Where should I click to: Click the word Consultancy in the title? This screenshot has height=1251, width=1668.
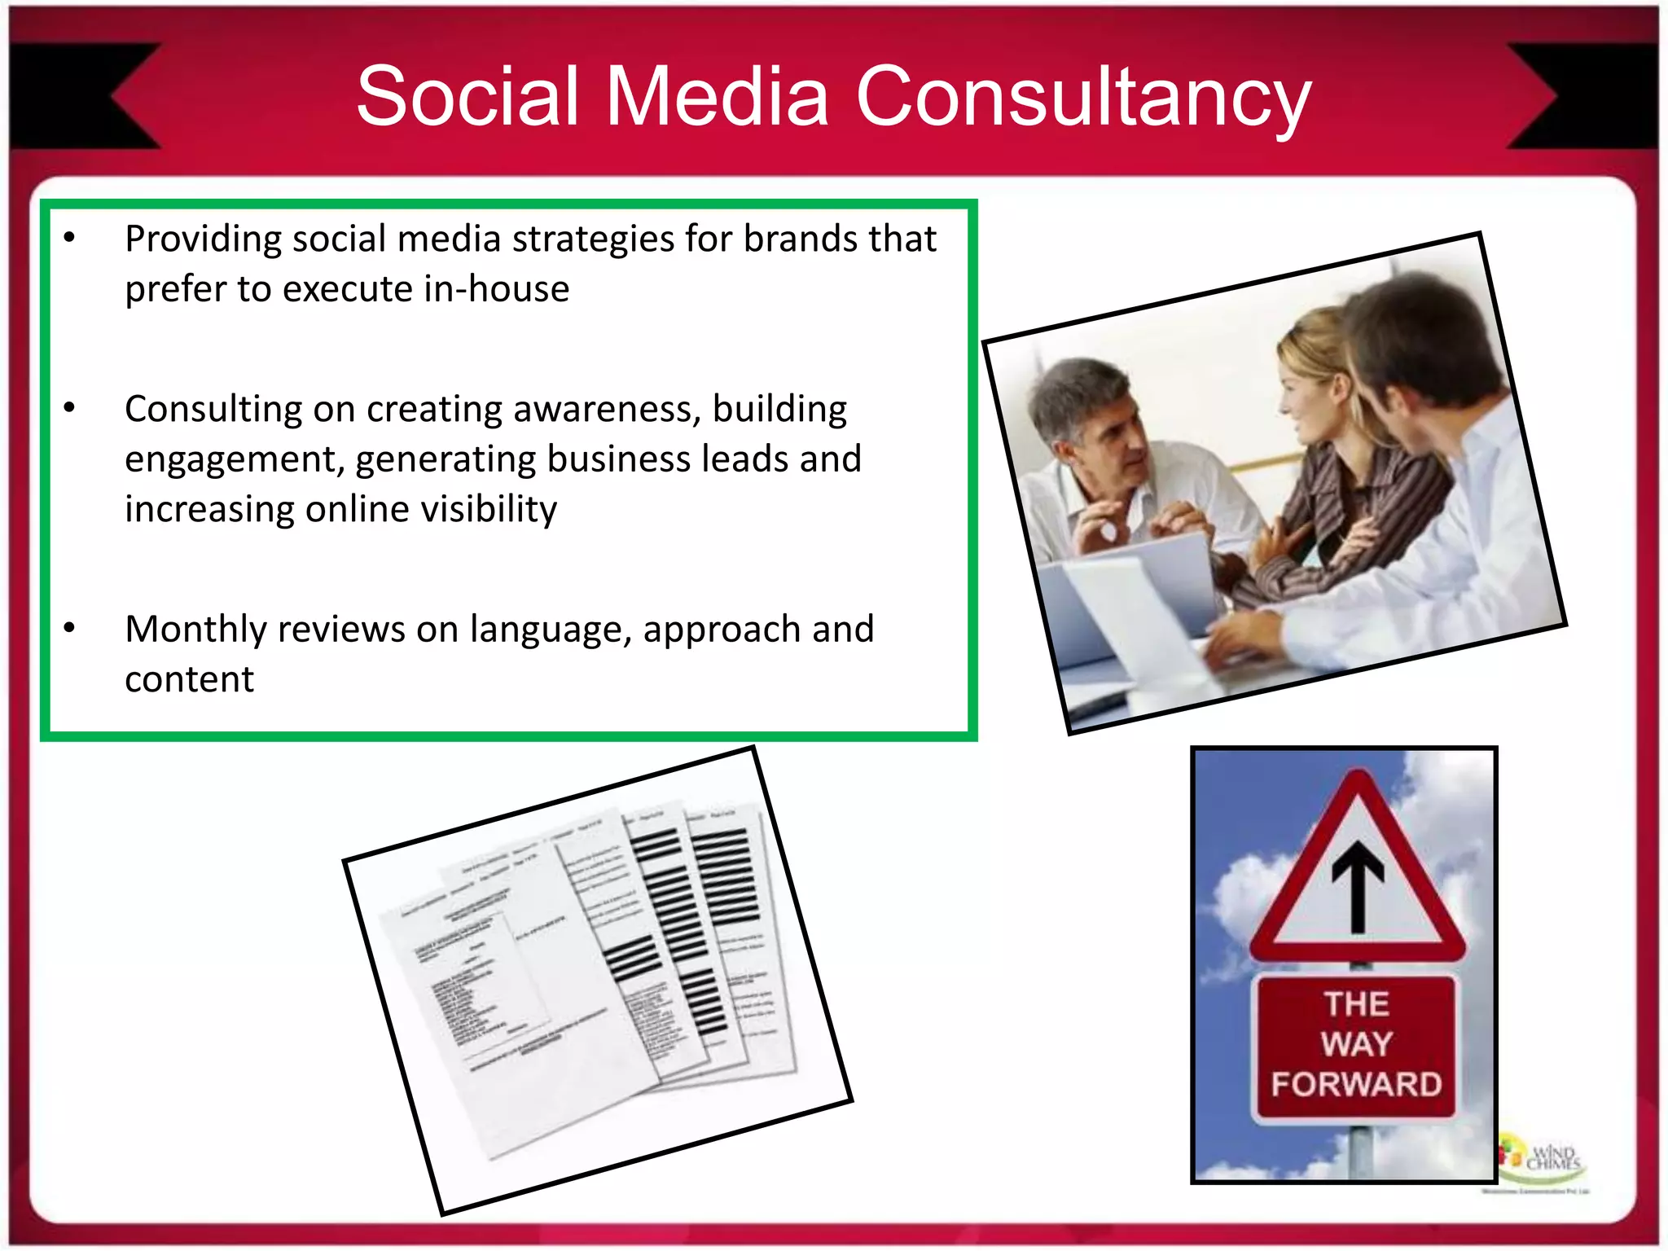(1083, 98)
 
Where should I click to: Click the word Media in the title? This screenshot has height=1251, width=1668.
(717, 98)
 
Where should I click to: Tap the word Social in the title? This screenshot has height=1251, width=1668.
(467, 98)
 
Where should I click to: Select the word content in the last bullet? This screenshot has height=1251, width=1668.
(189, 680)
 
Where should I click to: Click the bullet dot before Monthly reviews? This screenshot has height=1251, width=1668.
(69, 627)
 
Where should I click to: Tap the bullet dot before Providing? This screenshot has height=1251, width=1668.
(69, 237)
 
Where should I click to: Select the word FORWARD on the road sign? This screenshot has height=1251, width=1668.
(1356, 1085)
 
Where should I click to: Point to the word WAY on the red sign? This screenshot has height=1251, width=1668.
(1356, 1043)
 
